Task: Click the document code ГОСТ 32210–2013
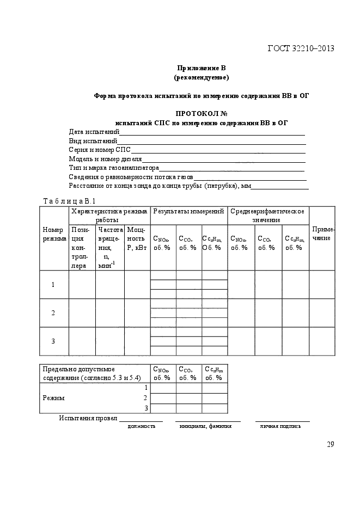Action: pos(301,49)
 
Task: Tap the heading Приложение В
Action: pos(201,68)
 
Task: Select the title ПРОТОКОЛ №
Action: pos(201,113)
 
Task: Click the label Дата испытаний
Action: pos(94,132)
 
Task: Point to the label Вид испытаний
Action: pos(93,140)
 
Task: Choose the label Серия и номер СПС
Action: pos(100,149)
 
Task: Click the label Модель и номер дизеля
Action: pos(105,158)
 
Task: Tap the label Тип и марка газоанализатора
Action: pos(113,168)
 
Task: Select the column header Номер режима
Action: pos(54,235)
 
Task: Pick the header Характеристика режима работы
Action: pos(109,215)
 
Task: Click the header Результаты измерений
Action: pos(188,211)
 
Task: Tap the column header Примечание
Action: pos(322,234)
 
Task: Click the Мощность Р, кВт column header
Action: pos(136,238)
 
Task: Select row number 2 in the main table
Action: pos(53,313)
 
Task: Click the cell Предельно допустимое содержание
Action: pos(91,373)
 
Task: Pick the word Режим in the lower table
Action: pos(53,398)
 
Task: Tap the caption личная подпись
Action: pos(280,426)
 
